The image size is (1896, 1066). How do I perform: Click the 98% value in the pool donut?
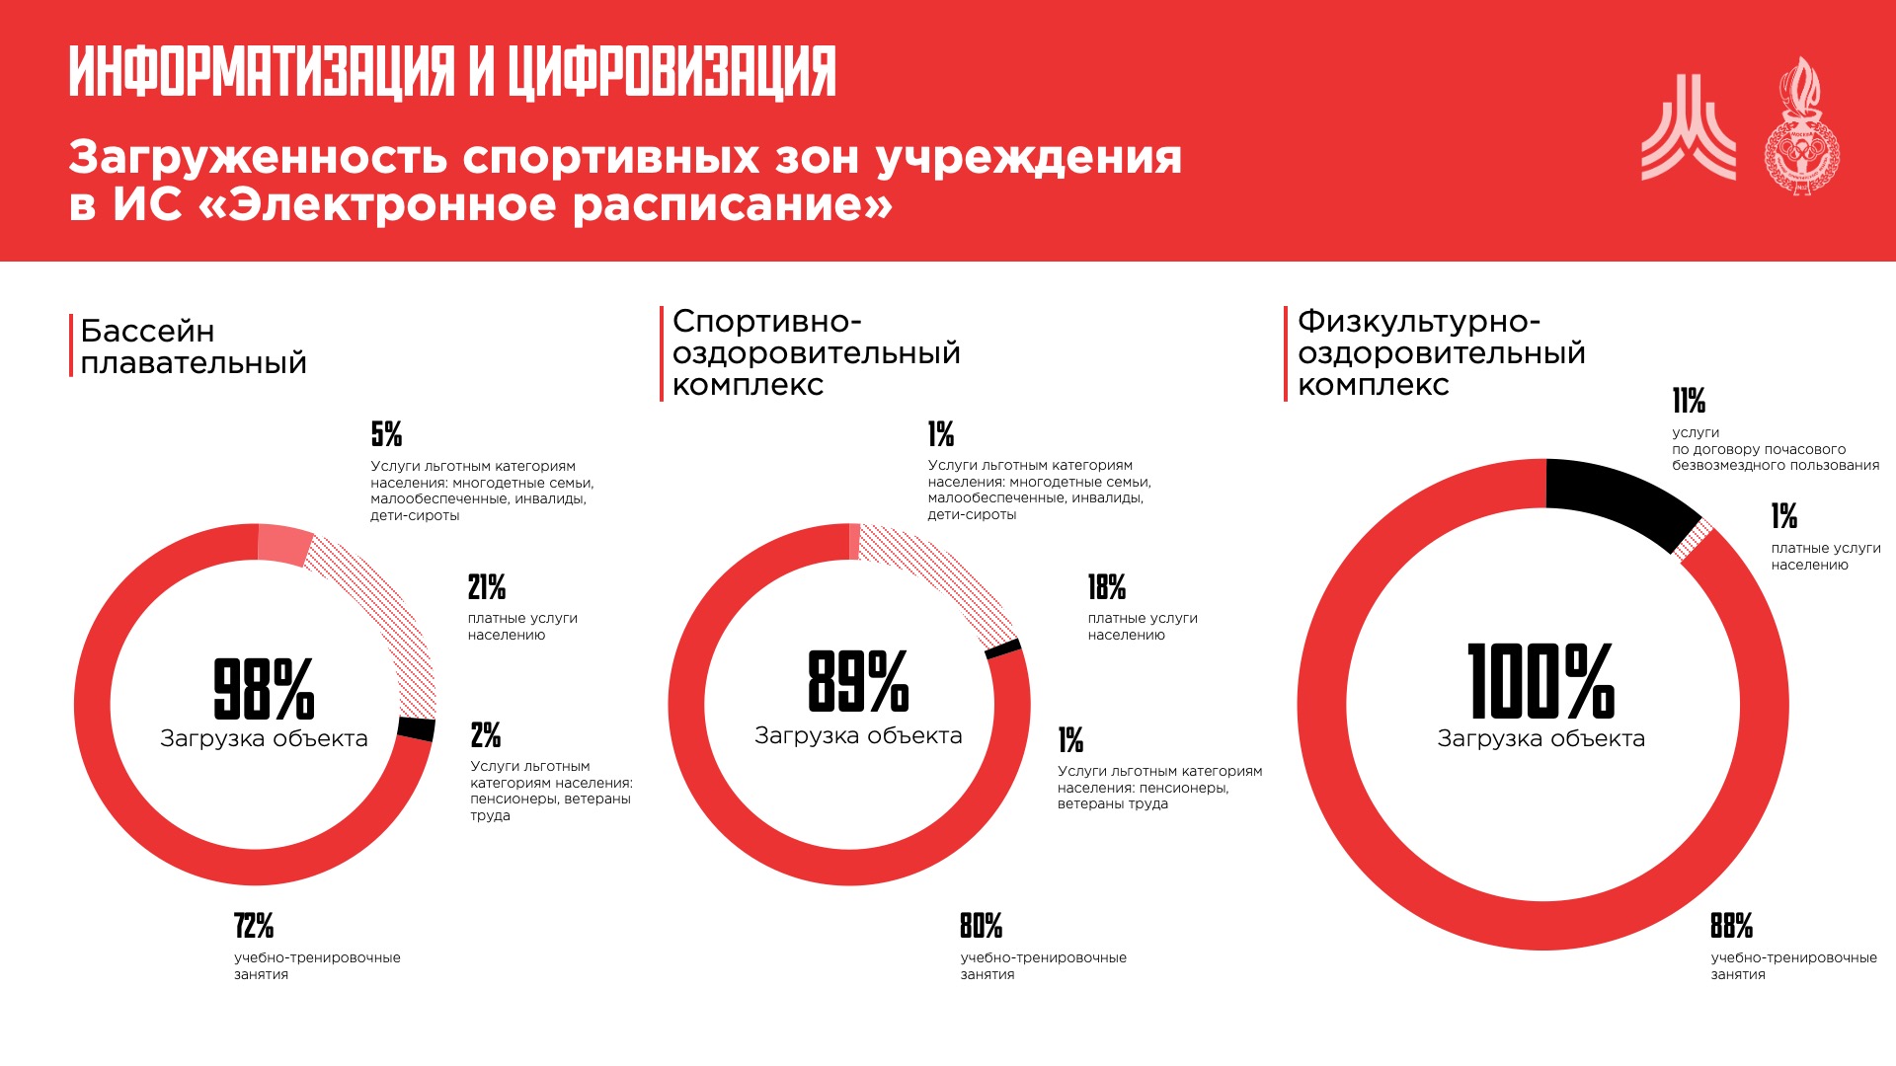[x=264, y=688]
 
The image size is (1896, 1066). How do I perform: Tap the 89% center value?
[x=858, y=681]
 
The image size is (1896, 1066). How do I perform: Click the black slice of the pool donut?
[x=417, y=728]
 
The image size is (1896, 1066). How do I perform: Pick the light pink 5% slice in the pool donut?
[x=284, y=544]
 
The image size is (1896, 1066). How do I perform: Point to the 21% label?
[x=487, y=587]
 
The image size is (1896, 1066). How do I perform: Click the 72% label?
[x=254, y=926]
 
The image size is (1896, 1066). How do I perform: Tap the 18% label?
[x=1107, y=587]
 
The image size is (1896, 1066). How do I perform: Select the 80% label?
[x=981, y=926]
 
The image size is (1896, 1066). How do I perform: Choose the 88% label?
[x=1731, y=926]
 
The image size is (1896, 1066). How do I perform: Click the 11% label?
[x=1689, y=401]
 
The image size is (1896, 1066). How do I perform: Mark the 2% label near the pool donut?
[x=486, y=734]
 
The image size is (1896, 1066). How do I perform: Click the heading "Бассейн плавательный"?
[x=194, y=346]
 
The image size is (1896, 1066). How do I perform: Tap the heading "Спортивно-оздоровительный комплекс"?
[x=816, y=352]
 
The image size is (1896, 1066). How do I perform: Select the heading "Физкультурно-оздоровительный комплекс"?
[x=1441, y=352]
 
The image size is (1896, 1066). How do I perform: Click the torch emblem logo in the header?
[x=1802, y=126]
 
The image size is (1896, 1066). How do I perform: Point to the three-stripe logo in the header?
[x=1688, y=128]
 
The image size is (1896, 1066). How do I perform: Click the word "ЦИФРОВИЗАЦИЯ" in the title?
[x=672, y=71]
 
